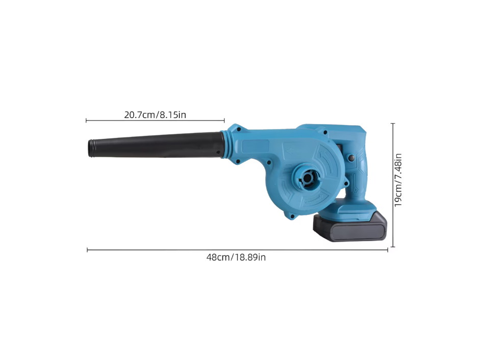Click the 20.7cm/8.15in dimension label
tap(155, 115)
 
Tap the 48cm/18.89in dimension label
tap(236, 257)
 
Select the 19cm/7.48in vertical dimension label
tap(398, 180)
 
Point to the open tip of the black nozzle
tap(91, 148)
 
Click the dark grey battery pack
tap(350, 226)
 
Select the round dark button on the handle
tap(351, 158)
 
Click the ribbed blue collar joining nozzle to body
tap(225, 145)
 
